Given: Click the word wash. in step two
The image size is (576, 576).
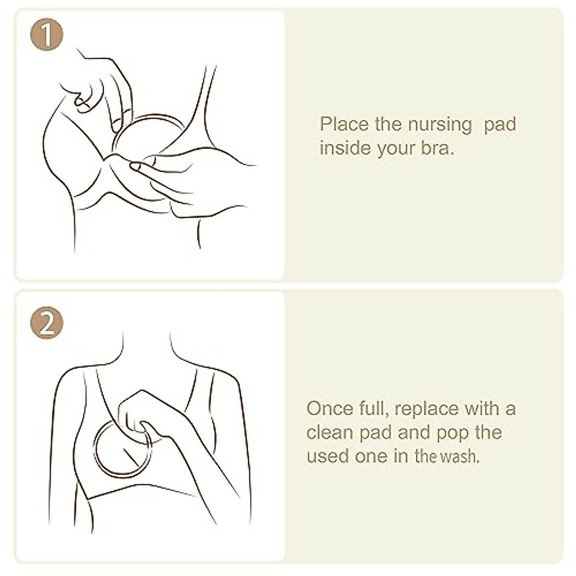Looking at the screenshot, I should (459, 456).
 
